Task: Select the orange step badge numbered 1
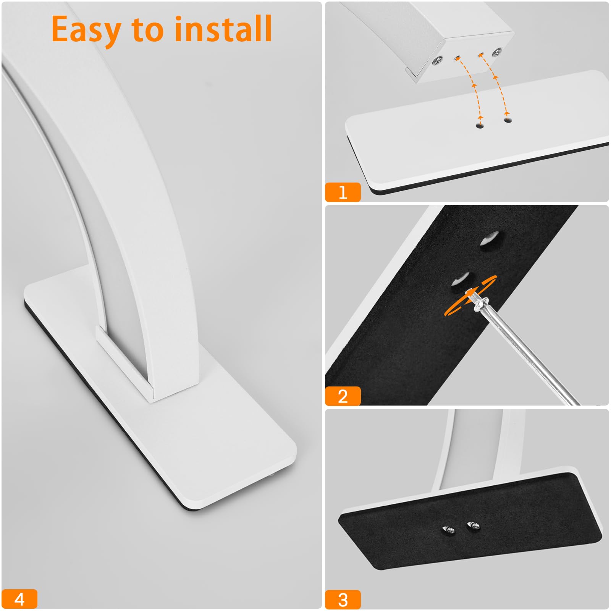point(343,192)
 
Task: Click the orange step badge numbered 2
point(343,396)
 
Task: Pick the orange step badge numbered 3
point(343,600)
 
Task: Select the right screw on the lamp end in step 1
point(497,52)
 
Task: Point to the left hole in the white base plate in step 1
point(480,125)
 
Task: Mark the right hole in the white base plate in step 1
point(508,120)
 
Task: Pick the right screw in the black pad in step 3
point(473,526)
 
